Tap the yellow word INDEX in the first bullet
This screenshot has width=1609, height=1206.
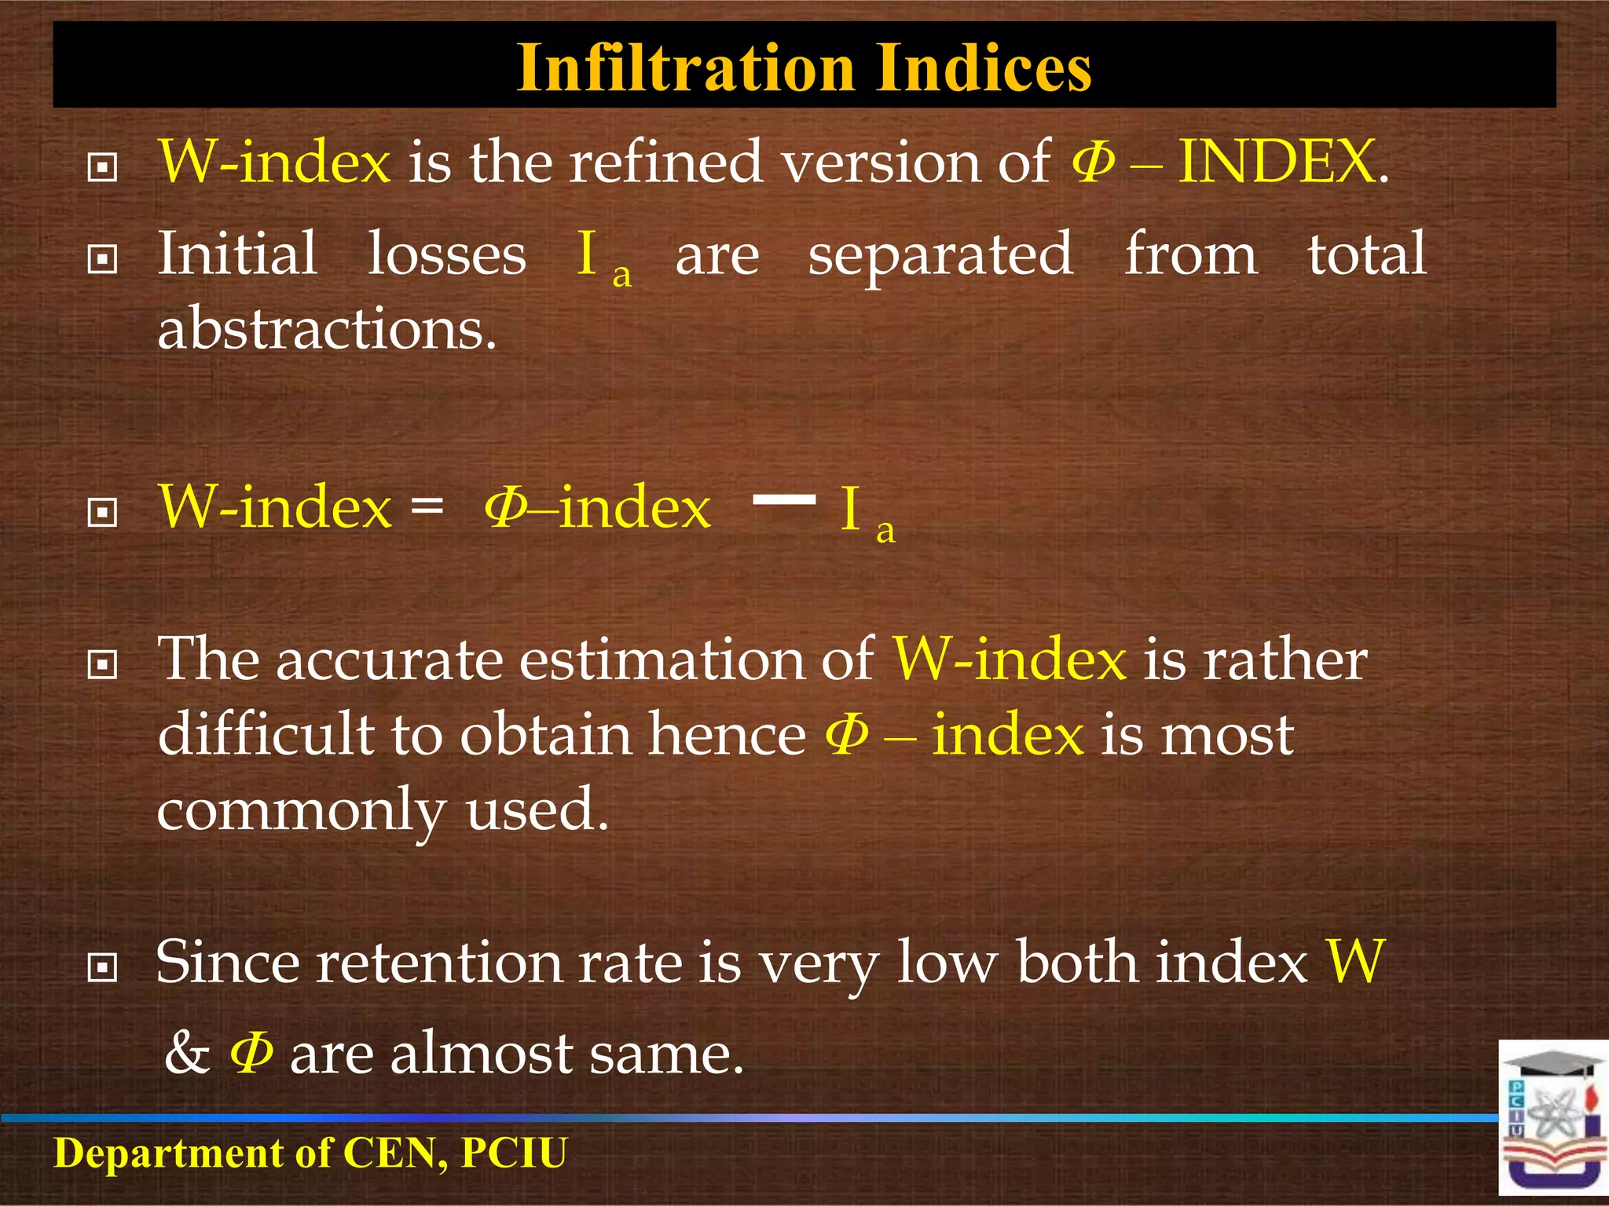[1277, 162]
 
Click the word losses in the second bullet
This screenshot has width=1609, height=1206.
[447, 254]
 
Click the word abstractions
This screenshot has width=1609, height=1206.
[327, 329]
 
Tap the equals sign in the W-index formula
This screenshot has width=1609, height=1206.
[427, 506]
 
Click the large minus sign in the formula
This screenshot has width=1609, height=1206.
[784, 499]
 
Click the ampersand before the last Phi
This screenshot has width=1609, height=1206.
[187, 1053]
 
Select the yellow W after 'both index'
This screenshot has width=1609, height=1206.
[1355, 963]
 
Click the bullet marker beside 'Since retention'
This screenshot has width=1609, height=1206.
[103, 967]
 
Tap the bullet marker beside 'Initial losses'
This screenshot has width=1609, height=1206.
[103, 259]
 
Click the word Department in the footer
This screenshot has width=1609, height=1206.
[168, 1153]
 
